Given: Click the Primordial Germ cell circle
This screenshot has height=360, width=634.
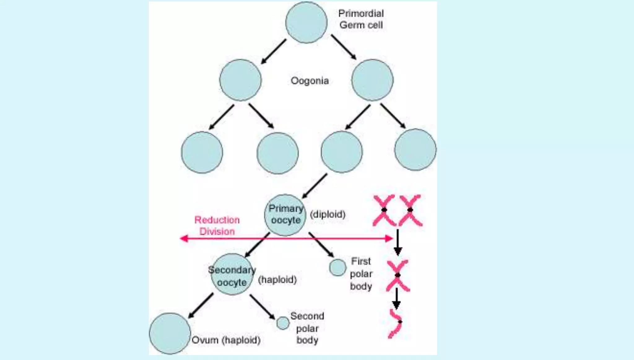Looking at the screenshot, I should point(306,22).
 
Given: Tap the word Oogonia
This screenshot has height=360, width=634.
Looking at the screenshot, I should point(310,81).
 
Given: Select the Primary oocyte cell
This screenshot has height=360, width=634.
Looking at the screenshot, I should point(285,215).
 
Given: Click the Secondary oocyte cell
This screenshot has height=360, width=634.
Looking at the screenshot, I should point(232,275).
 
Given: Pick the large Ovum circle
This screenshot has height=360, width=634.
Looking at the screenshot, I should point(170,333).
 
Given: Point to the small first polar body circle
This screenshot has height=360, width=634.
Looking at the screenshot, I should point(337,267).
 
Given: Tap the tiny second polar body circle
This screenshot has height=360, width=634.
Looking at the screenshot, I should point(283,323).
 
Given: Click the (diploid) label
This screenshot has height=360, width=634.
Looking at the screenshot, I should point(328,214).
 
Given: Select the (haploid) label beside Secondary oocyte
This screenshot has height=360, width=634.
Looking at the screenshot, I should point(277,280).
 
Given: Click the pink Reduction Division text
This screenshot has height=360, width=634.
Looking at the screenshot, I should point(217,226).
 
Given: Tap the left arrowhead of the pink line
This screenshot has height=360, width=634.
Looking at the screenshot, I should point(184,238).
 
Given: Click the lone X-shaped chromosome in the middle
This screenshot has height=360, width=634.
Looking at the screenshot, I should point(398,275).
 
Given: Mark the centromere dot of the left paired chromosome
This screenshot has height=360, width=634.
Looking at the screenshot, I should point(384,210).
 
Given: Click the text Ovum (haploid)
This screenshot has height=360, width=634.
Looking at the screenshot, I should point(226,340).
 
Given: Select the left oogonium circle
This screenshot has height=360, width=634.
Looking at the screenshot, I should point(240,80).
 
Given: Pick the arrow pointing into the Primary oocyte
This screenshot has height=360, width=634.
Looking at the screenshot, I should point(314,186).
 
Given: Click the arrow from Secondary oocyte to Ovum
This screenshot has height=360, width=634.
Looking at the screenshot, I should point(201,306).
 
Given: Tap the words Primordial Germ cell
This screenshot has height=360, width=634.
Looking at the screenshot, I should point(361,19).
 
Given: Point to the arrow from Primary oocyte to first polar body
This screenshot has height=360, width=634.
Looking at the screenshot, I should point(321,245).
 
